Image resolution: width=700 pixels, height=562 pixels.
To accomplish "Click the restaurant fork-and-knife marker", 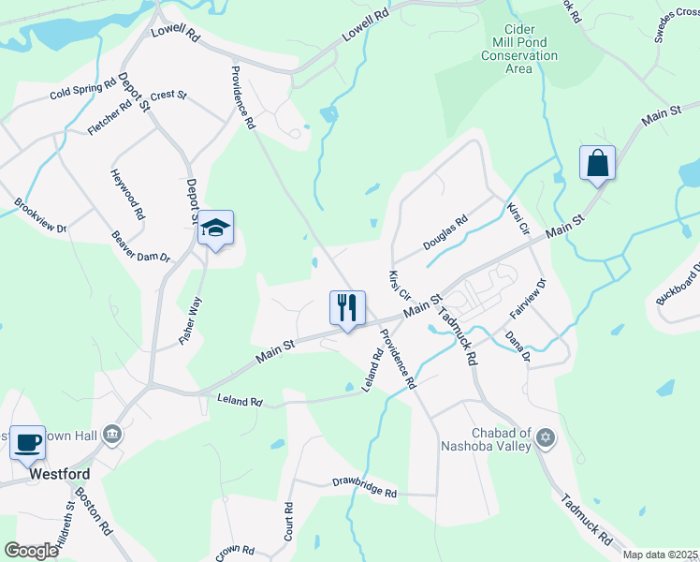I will tap(347, 306).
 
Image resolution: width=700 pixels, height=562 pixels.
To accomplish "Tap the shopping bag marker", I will tap(597, 164).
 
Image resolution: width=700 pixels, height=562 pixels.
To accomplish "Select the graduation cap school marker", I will tap(215, 228).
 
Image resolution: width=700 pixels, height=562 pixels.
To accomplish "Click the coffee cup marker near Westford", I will tap(27, 442).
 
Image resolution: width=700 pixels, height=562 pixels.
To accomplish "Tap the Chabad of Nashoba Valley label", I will tap(486, 439).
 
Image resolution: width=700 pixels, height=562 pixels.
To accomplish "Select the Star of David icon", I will tap(547, 437).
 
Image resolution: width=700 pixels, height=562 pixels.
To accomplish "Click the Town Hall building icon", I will tap(111, 433).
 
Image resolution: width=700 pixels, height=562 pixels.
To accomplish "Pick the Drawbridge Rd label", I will tap(365, 488).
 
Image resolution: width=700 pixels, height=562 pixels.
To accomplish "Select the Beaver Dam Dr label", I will tap(140, 246).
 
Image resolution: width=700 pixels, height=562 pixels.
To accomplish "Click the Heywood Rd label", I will tap(127, 194).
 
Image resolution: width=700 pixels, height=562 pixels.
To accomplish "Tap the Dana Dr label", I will tap(518, 344).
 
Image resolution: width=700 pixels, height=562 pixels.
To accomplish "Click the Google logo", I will tap(32, 550).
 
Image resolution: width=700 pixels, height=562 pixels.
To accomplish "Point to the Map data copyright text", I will tap(660, 555).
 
